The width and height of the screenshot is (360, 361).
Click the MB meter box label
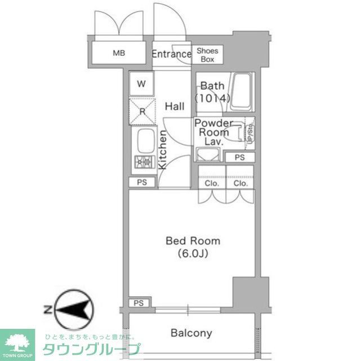(118, 54)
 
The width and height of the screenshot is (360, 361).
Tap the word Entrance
(171, 55)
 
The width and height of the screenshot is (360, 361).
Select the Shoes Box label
(207, 55)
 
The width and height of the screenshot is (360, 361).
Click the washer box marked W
(142, 84)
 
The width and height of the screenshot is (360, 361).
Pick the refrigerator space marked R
(142, 111)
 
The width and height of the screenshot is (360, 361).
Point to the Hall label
(175, 106)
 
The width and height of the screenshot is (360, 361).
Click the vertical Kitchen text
(162, 150)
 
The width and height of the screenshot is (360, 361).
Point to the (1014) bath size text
(213, 98)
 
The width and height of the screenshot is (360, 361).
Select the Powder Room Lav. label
(214, 133)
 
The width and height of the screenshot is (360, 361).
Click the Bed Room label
(193, 241)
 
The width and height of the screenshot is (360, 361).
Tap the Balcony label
(192, 333)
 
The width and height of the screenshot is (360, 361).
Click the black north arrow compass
(71, 309)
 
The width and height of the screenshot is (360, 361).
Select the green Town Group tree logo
(17, 342)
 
